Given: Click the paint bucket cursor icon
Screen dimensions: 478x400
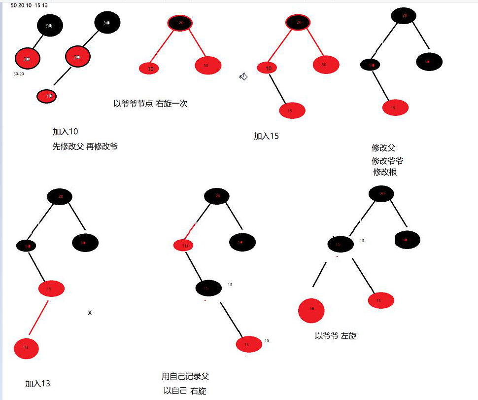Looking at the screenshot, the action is point(243,76).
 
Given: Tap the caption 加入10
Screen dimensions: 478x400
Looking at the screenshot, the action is point(66,132).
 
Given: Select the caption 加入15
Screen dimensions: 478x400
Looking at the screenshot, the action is point(266,136).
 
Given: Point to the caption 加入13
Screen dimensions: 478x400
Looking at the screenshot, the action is point(38,384).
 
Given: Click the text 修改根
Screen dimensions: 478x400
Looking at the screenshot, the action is point(385,172).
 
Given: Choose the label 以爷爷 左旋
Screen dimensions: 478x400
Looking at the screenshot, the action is point(336,336).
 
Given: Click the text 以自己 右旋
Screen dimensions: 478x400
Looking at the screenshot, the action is point(185,391).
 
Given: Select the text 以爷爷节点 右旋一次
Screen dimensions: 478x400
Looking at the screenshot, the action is point(150,104).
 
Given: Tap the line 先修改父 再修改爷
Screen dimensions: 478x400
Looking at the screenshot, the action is point(85,146).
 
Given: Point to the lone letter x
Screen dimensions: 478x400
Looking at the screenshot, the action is point(90,313).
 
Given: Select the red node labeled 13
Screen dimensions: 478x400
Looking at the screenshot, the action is point(26,348).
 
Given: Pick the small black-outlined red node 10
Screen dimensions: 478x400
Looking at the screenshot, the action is point(47,96).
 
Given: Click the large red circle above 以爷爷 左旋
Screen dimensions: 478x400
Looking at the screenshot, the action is point(311,310).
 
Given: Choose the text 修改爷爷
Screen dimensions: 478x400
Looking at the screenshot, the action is point(387,161).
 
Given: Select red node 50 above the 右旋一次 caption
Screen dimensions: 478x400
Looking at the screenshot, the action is point(208,65).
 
